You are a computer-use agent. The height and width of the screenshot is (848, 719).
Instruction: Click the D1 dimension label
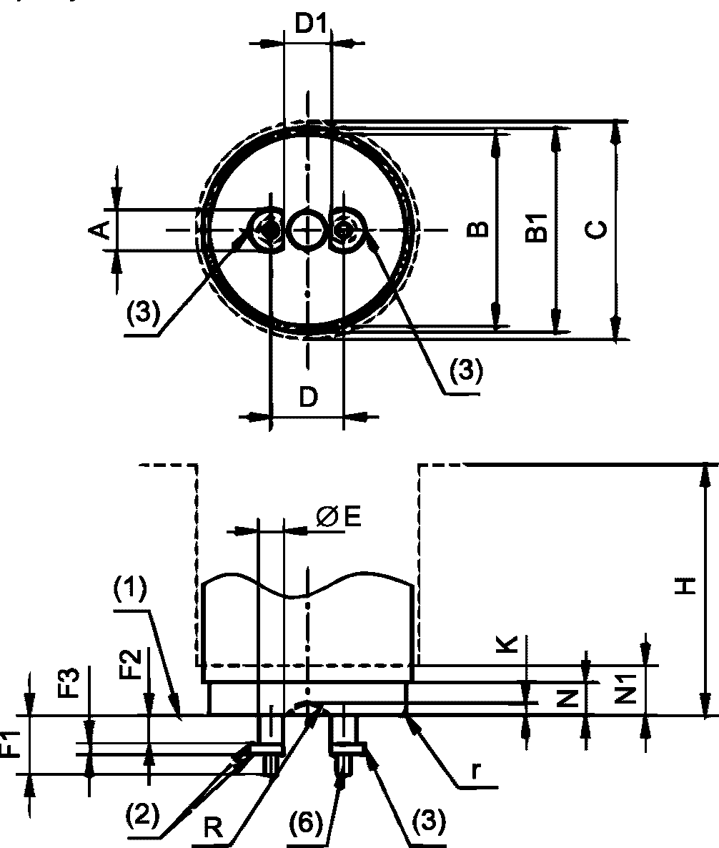coord(312,24)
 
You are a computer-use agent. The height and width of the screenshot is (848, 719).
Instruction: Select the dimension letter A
coord(99,230)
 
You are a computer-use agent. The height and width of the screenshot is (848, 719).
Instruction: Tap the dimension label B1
coord(537,227)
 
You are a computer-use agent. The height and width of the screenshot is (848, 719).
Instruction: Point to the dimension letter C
coord(597,230)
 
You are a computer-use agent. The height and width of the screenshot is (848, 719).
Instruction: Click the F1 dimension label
coord(12,745)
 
